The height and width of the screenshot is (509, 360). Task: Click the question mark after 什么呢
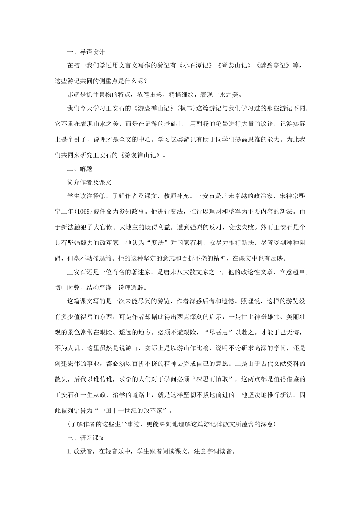click(x=146, y=81)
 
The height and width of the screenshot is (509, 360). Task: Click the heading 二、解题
click(x=80, y=169)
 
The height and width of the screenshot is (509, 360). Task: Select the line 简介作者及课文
click(x=89, y=182)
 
